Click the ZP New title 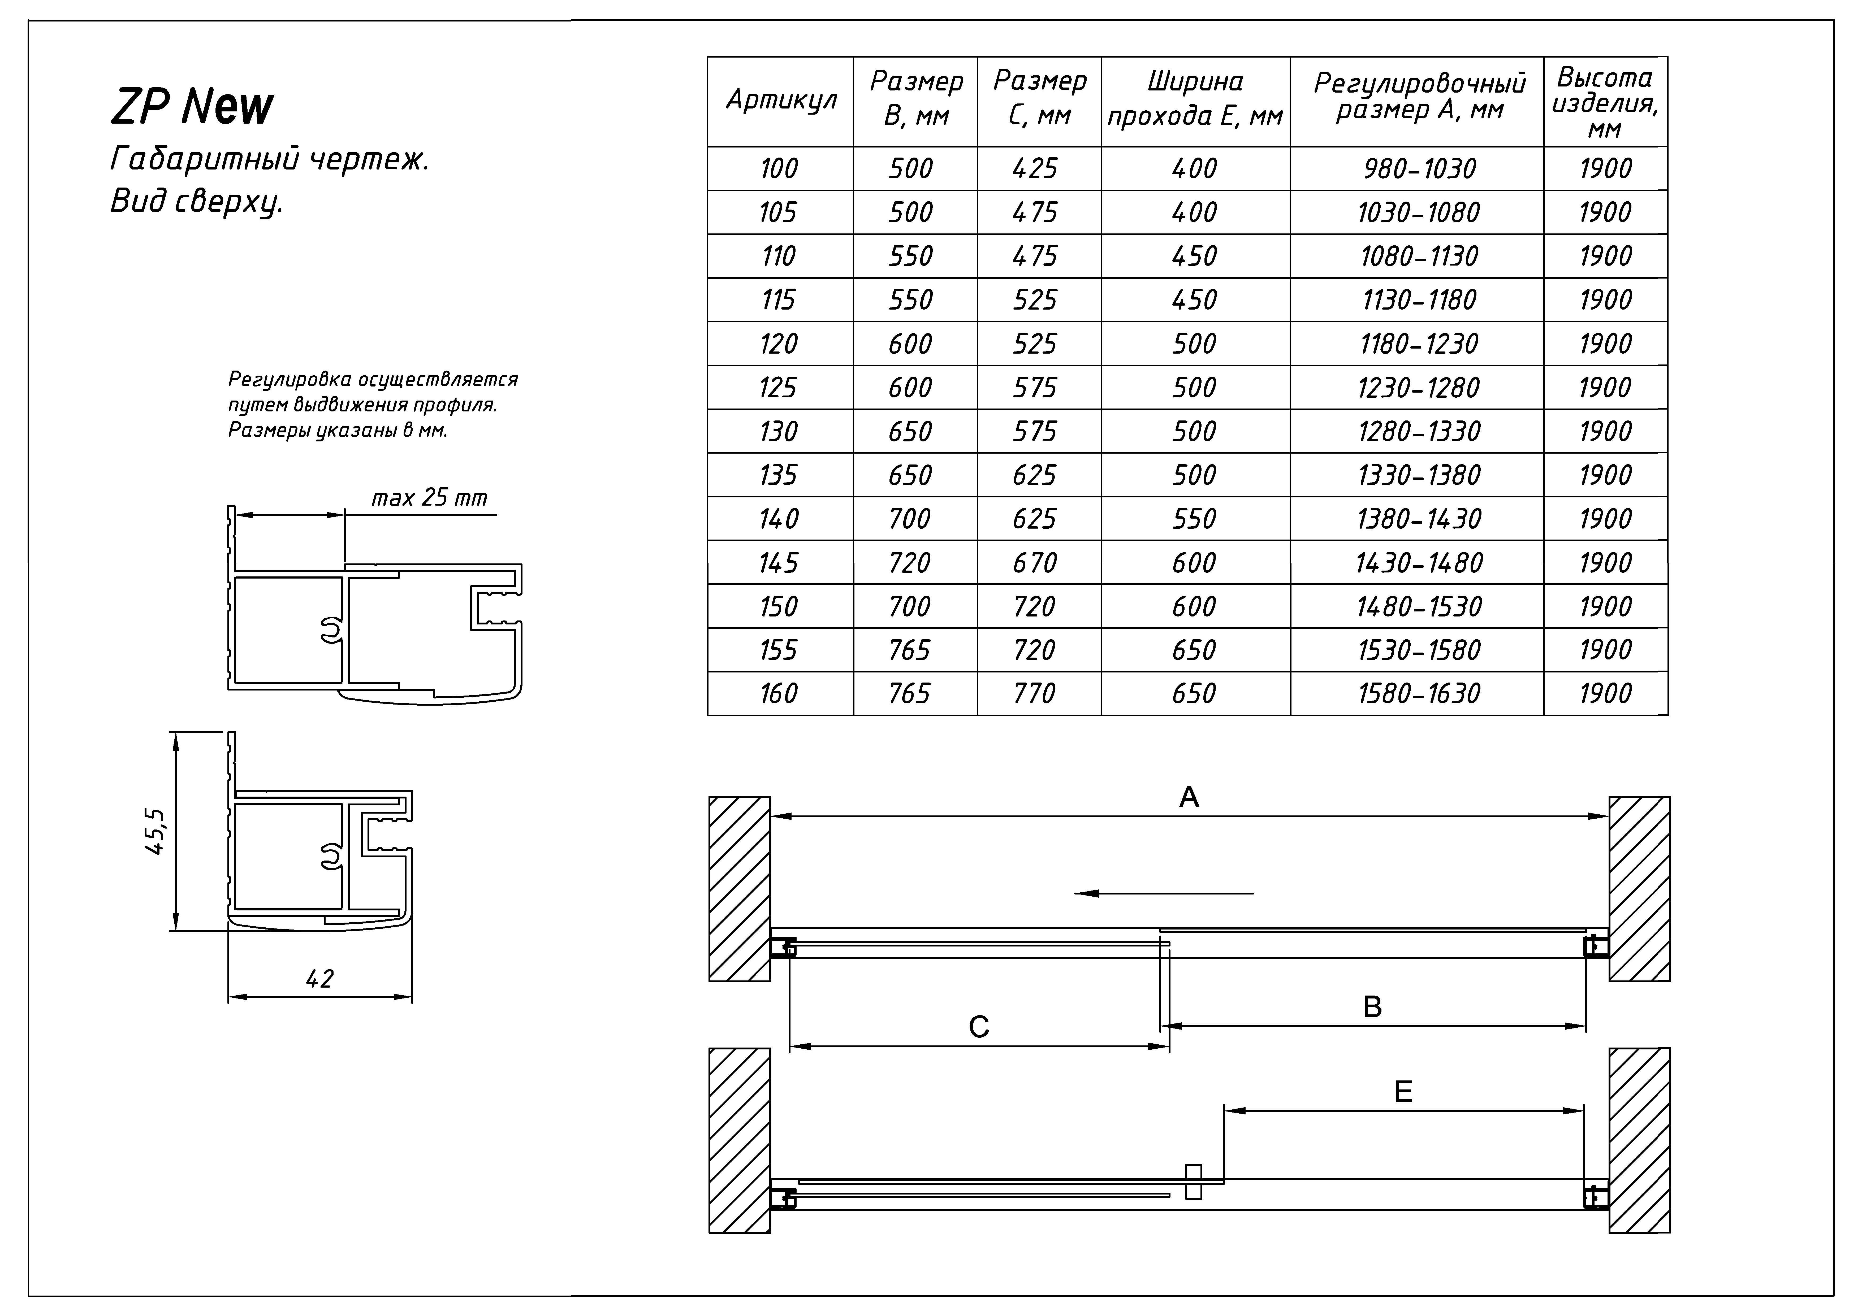pyautogui.click(x=192, y=106)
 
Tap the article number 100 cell pyautogui.click(x=779, y=169)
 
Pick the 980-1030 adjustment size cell pyautogui.click(x=1419, y=169)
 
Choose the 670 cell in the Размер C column pyautogui.click(x=1035, y=563)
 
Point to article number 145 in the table pyautogui.click(x=779, y=563)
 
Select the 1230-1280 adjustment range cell pyautogui.click(x=1419, y=388)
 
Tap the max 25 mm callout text pyautogui.click(x=429, y=498)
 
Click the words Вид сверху pyautogui.click(x=196, y=201)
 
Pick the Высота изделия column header pyautogui.click(x=1605, y=101)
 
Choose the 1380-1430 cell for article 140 pyautogui.click(x=1419, y=519)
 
